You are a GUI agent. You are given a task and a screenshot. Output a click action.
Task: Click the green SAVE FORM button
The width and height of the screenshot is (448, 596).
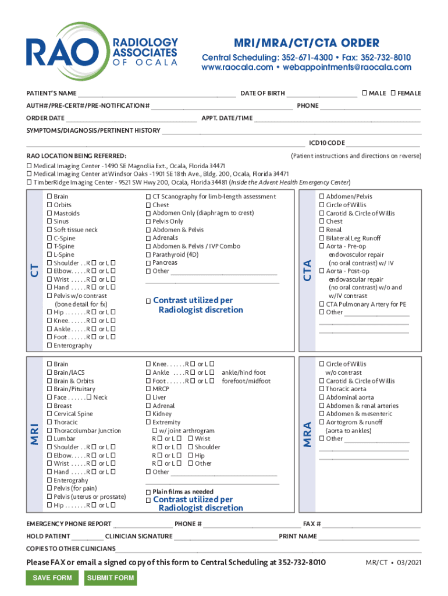52,578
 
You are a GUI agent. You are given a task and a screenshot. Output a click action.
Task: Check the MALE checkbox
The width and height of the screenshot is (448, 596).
364,93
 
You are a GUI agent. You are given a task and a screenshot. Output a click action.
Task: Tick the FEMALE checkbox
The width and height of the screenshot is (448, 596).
393,93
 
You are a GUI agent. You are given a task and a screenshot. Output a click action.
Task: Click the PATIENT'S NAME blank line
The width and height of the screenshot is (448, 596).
157,95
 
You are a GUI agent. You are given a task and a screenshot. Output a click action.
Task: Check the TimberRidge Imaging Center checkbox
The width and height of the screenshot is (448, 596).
30,182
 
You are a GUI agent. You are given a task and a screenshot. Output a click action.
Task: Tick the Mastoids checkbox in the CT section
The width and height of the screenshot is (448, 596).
49,214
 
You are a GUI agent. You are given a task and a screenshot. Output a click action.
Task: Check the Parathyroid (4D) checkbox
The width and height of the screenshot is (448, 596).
148,254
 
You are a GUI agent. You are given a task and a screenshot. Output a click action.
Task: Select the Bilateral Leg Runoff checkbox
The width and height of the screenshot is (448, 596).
322,238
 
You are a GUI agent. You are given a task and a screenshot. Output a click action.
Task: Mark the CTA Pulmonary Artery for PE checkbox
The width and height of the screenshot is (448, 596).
322,304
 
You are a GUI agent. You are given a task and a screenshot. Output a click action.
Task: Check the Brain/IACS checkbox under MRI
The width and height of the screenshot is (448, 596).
49,372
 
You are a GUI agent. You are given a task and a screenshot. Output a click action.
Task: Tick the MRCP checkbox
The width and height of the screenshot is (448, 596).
148,389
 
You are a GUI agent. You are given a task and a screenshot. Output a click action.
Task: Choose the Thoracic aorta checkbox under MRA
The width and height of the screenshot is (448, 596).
322,389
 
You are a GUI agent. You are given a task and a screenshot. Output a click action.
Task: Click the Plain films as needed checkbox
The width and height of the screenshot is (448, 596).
148,492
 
